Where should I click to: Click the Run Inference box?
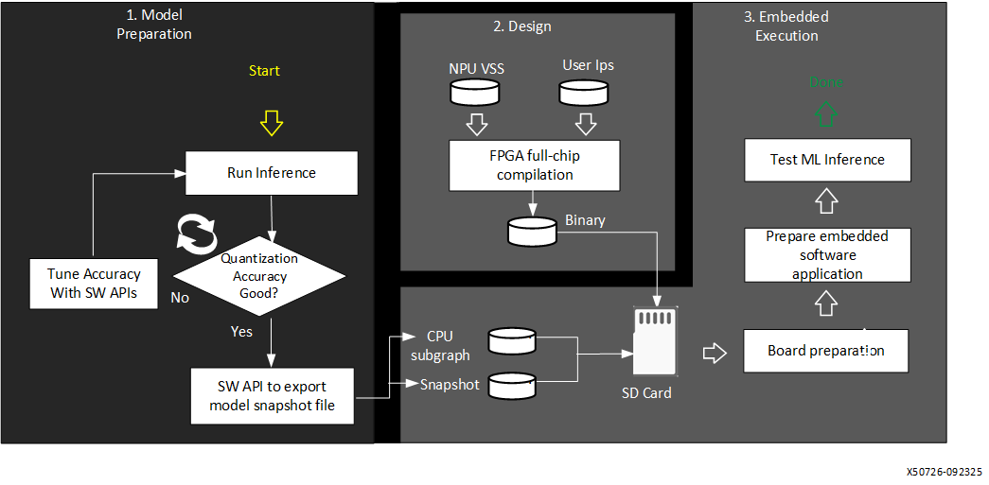pos(272,173)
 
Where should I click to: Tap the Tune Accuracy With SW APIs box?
pos(94,284)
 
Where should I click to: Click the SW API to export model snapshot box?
pos(273,395)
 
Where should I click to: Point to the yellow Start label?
pos(264,71)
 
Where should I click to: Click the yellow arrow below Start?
pos(272,122)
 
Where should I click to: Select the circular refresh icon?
pos(197,233)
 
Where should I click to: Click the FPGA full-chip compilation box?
pos(536,165)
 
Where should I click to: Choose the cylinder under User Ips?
pos(583,92)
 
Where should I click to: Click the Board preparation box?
pos(826,351)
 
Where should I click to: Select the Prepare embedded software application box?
pos(827,255)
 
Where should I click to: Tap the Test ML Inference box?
pos(827,160)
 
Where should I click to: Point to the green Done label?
pos(825,82)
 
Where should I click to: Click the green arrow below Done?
pos(826,114)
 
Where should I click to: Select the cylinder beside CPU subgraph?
pos(513,339)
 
